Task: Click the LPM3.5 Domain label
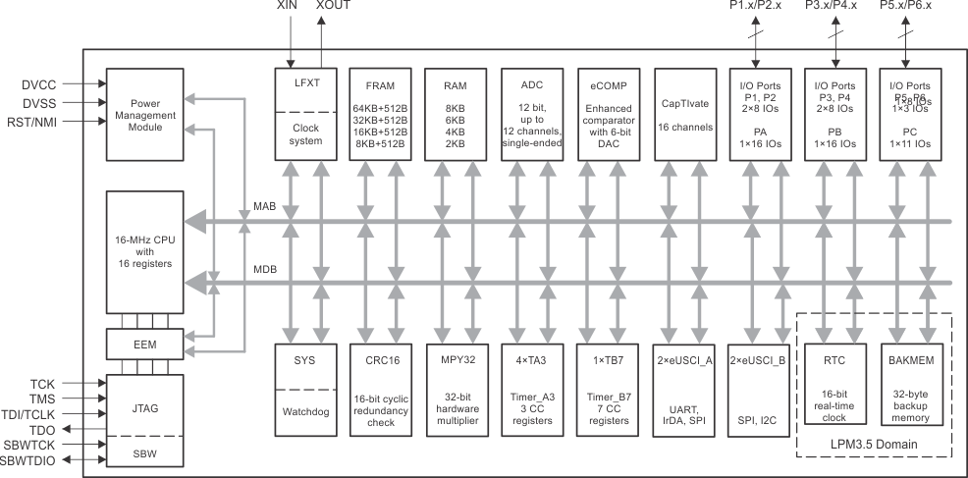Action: pos(875,445)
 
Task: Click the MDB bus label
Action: pos(264,270)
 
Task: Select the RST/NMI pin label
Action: pos(41,122)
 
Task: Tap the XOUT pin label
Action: pos(332,6)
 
